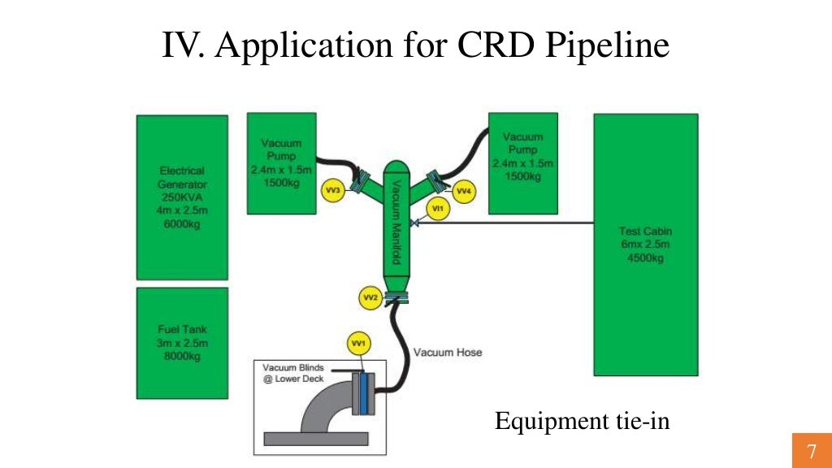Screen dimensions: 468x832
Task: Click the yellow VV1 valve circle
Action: [357, 344]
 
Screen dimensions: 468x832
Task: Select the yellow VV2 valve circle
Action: [370, 298]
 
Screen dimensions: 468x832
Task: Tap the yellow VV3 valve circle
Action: [333, 190]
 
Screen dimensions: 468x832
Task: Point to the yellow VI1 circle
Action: [437, 209]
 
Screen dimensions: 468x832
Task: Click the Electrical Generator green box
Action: [182, 197]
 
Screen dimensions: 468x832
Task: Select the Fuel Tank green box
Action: [182, 342]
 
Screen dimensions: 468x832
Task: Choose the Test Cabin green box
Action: [645, 244]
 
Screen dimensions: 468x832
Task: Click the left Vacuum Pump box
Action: [281, 163]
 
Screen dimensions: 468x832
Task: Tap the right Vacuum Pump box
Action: [523, 162]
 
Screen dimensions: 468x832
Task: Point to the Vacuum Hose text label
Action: [448, 353]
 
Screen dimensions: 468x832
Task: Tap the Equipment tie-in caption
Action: [583, 422]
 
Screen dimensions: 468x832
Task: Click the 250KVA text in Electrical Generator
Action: [182, 197]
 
